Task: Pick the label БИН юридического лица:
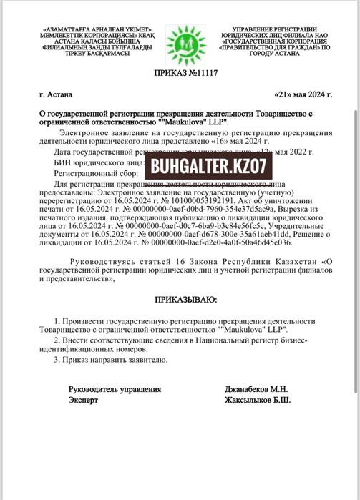(x=99, y=163)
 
